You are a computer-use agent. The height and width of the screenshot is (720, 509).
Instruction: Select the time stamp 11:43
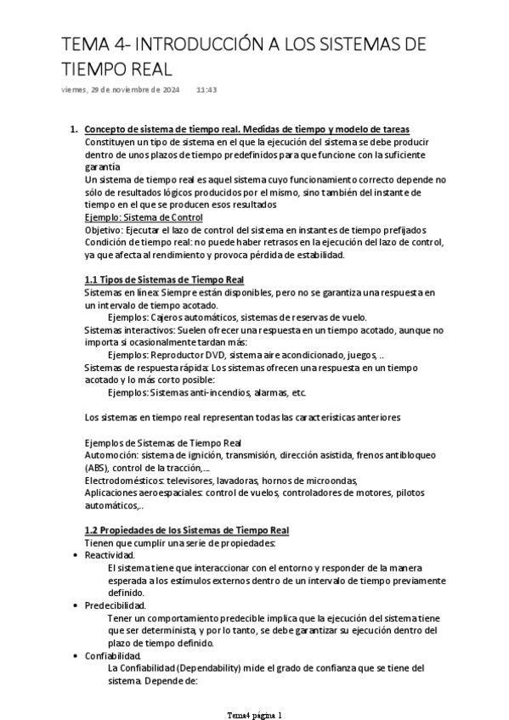(x=206, y=89)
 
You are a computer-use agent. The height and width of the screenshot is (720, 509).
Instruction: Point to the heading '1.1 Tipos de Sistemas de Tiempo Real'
(x=164, y=279)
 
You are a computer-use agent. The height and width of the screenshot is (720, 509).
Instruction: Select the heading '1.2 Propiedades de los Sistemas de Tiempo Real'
(x=187, y=530)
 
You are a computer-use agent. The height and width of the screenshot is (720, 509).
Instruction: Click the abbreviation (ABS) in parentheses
(x=99, y=467)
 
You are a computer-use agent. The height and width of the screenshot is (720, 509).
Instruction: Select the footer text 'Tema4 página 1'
(x=254, y=715)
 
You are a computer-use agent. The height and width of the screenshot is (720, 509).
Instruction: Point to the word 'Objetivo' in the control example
(x=105, y=230)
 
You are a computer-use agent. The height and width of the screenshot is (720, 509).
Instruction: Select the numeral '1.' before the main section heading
(x=72, y=129)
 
